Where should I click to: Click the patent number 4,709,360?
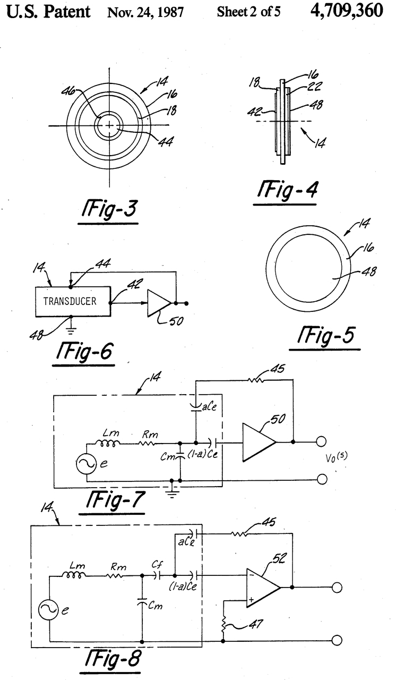tap(347, 11)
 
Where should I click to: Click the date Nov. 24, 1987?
tap(145, 12)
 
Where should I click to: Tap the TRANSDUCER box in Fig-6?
tap(73, 302)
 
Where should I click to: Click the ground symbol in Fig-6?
tap(71, 330)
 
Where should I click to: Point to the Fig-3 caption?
tap(109, 209)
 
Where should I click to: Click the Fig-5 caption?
tap(325, 335)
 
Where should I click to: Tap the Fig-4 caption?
tap(286, 190)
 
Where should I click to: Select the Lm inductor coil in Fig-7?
tap(108, 444)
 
